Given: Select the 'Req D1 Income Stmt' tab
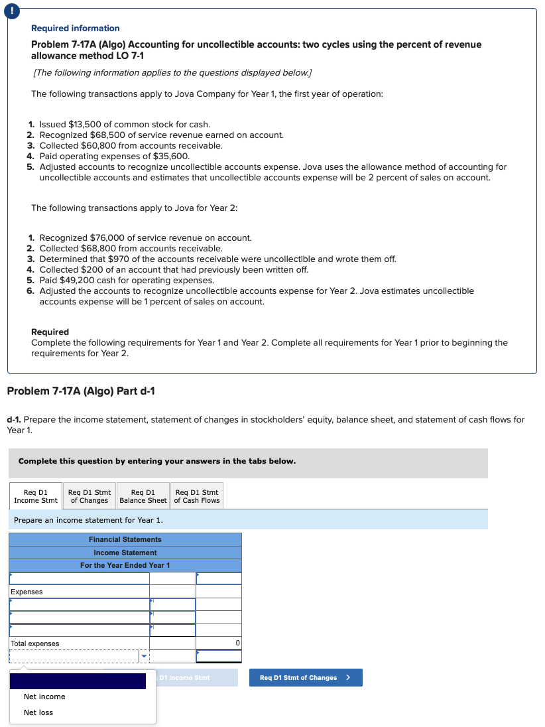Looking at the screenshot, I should (x=36, y=496).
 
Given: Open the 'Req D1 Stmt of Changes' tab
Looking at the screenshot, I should (x=90, y=496).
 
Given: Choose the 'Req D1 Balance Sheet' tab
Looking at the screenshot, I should (x=143, y=496).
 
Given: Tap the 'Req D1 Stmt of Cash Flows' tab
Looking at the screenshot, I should (x=197, y=496).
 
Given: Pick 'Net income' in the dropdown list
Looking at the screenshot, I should (x=44, y=696).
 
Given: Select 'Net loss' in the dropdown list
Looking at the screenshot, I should (x=38, y=712).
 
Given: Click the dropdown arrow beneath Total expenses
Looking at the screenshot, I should (x=143, y=657).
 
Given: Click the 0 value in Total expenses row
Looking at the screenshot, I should (x=237, y=643).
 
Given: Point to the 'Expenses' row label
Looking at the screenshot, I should (x=27, y=592).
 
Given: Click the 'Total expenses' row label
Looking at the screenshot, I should (x=35, y=643).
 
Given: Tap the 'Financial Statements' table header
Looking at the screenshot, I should (x=125, y=539).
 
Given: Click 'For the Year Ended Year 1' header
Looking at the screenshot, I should (x=125, y=565).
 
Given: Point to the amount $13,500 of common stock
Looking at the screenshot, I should (x=86, y=124).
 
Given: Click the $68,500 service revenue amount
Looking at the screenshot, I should (x=105, y=135).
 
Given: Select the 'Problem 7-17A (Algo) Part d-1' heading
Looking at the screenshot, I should (x=81, y=391).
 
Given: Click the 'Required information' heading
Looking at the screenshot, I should (x=76, y=28).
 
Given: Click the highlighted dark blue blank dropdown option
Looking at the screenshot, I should (x=78, y=681).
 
